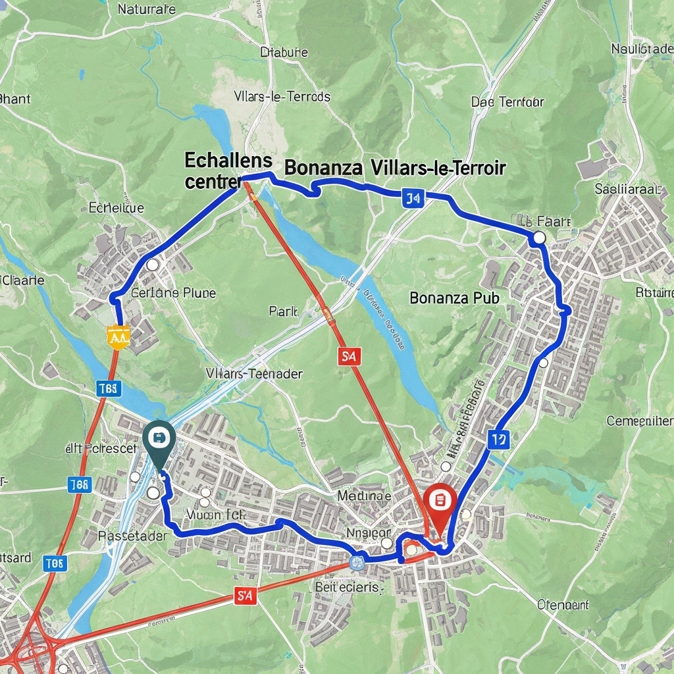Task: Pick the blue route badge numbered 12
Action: tap(498, 439)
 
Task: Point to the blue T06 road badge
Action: tap(55, 563)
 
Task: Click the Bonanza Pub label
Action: tap(454, 298)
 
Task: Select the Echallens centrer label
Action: tap(228, 170)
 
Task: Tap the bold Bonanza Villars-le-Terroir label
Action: tap(395, 168)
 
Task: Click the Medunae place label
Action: tap(364, 495)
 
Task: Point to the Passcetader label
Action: tap(132, 536)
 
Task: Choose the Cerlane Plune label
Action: tap(173, 293)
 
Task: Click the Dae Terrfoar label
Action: tap(507, 102)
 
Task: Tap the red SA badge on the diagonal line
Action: tap(350, 357)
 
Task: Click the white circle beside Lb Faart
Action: tap(539, 238)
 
